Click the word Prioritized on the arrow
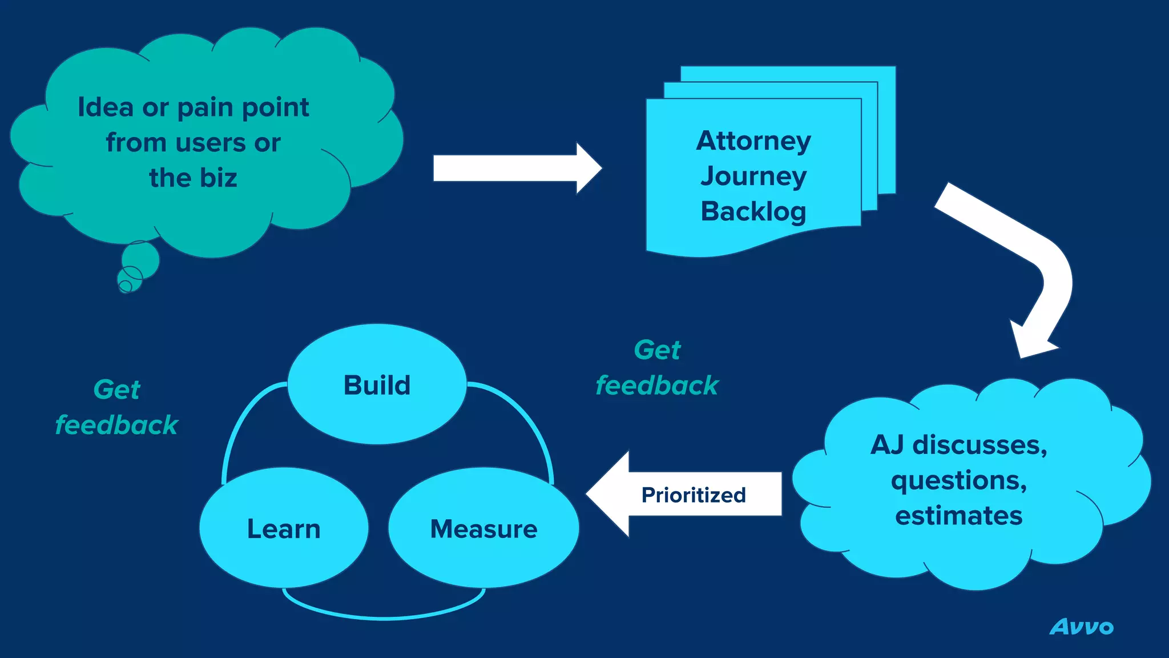(x=694, y=495)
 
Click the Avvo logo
(x=1081, y=627)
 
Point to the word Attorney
(x=753, y=141)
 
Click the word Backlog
(x=753, y=211)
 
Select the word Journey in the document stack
(x=753, y=176)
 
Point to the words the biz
(x=193, y=178)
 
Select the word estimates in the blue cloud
(x=958, y=515)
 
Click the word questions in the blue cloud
(x=958, y=480)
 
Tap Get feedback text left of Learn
(x=117, y=407)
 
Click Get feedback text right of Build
(x=657, y=368)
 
